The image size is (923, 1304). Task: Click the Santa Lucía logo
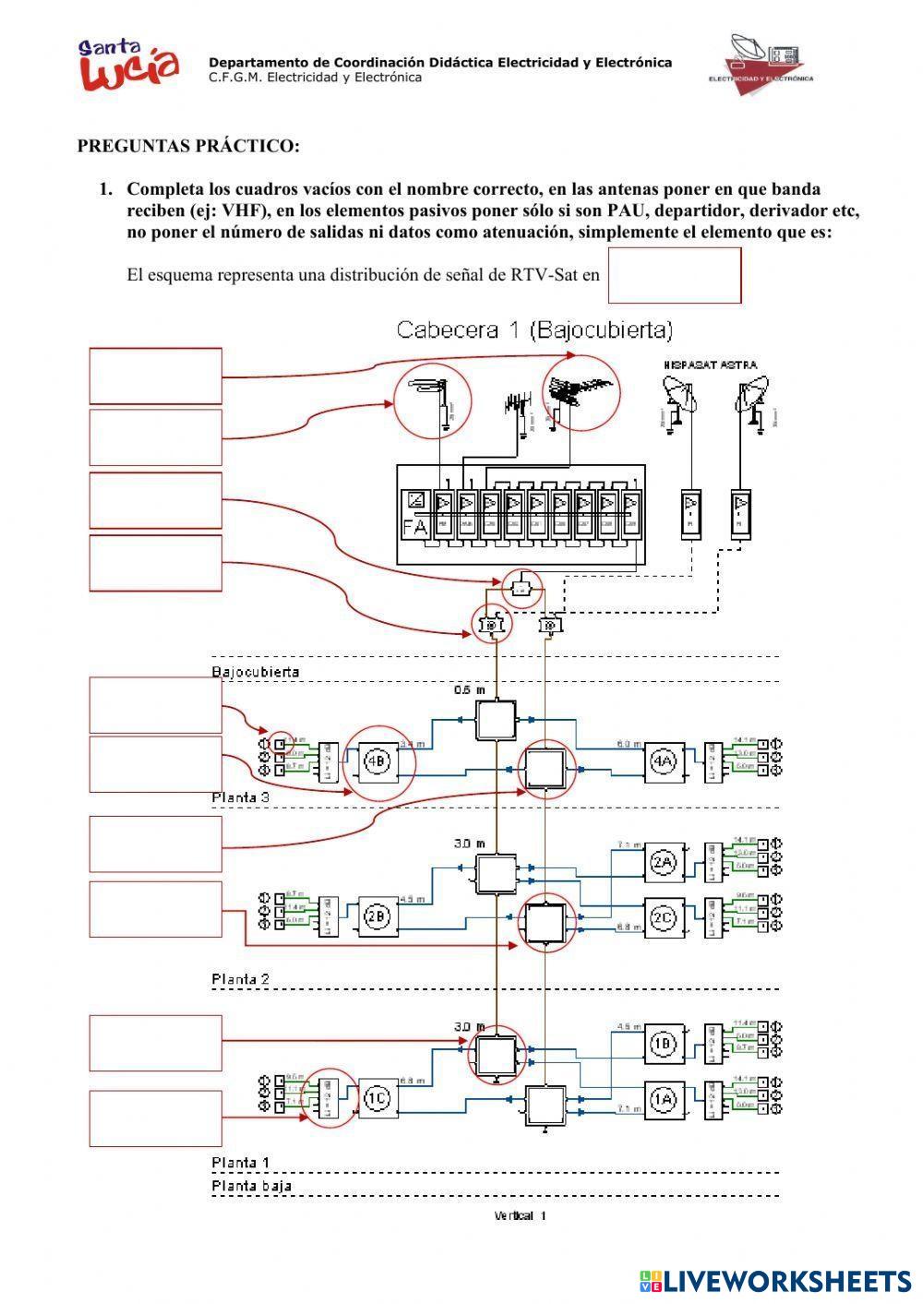(128, 66)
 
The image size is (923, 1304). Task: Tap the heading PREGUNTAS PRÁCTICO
(188, 146)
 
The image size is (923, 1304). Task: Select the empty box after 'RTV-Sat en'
(675, 275)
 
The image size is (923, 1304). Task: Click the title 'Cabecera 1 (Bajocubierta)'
(534, 329)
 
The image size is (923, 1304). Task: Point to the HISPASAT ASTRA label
(710, 365)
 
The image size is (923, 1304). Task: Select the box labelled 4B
(377, 762)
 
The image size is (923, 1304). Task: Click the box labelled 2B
(377, 916)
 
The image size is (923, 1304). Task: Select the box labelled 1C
(377, 1098)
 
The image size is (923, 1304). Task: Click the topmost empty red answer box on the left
(156, 376)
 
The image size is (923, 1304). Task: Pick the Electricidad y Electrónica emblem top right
(761, 63)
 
